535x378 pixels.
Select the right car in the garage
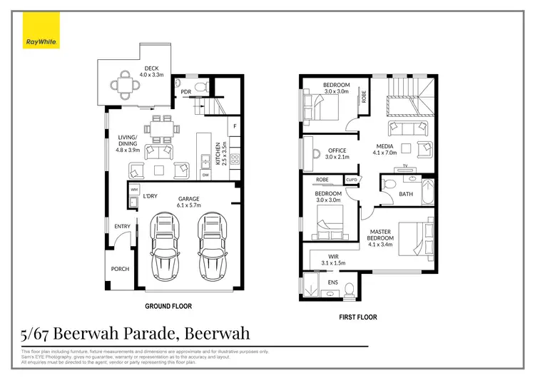pos(211,246)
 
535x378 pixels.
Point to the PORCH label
pos(119,270)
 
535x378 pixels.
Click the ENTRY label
pos(122,228)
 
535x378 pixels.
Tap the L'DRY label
pos(150,196)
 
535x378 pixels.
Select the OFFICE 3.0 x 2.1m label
pos(337,153)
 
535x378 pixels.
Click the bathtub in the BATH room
pos(427,193)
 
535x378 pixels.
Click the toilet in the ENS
pos(348,288)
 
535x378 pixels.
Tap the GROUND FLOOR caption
pos(168,306)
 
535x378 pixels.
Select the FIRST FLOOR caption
pos(358,317)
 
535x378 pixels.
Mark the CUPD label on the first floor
pos(351,180)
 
